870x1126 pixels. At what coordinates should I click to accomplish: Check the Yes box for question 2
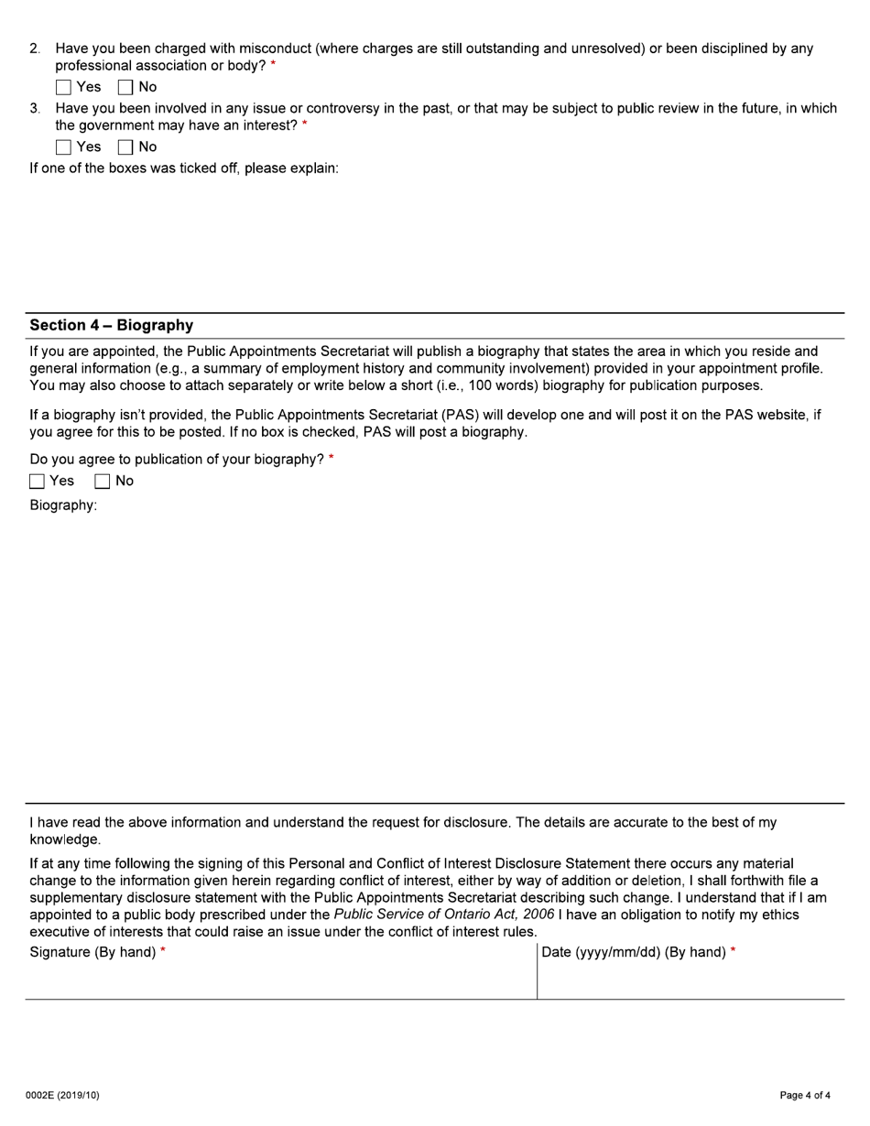(x=63, y=88)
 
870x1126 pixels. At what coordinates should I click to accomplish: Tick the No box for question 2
(x=125, y=88)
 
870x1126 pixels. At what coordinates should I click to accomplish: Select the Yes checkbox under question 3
(x=63, y=147)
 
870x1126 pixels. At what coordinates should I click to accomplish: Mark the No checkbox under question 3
(x=125, y=147)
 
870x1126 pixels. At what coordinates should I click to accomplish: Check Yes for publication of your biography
(x=37, y=482)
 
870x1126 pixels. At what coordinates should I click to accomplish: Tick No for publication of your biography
(x=103, y=482)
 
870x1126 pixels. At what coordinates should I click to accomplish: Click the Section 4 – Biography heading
(x=111, y=326)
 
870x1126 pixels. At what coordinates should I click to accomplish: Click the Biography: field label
(x=63, y=505)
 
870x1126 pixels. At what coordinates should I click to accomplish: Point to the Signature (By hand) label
(x=92, y=952)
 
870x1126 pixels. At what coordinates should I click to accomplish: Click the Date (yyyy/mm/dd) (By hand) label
(x=634, y=952)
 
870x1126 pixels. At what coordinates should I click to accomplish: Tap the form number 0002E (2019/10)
(x=62, y=1096)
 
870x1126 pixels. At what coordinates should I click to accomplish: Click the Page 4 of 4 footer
(x=805, y=1096)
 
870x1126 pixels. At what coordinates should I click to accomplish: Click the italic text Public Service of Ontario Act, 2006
(x=443, y=915)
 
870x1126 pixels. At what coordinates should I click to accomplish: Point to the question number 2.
(x=35, y=49)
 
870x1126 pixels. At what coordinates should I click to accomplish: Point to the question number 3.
(x=35, y=108)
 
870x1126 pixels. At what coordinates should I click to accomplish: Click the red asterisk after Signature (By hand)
(x=163, y=952)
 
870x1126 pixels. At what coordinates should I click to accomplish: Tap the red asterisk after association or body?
(x=273, y=66)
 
